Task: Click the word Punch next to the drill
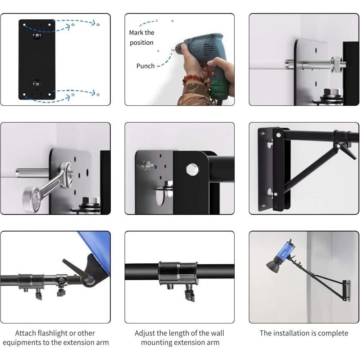pyautogui.click(x=145, y=66)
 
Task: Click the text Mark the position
pyautogui.click(x=141, y=38)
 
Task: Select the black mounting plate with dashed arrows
pyautogui.click(x=37, y=59)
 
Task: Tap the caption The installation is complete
pyautogui.click(x=304, y=333)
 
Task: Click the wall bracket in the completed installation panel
pyautogui.click(x=345, y=290)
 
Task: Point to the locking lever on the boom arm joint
pyautogui.click(x=345, y=149)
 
